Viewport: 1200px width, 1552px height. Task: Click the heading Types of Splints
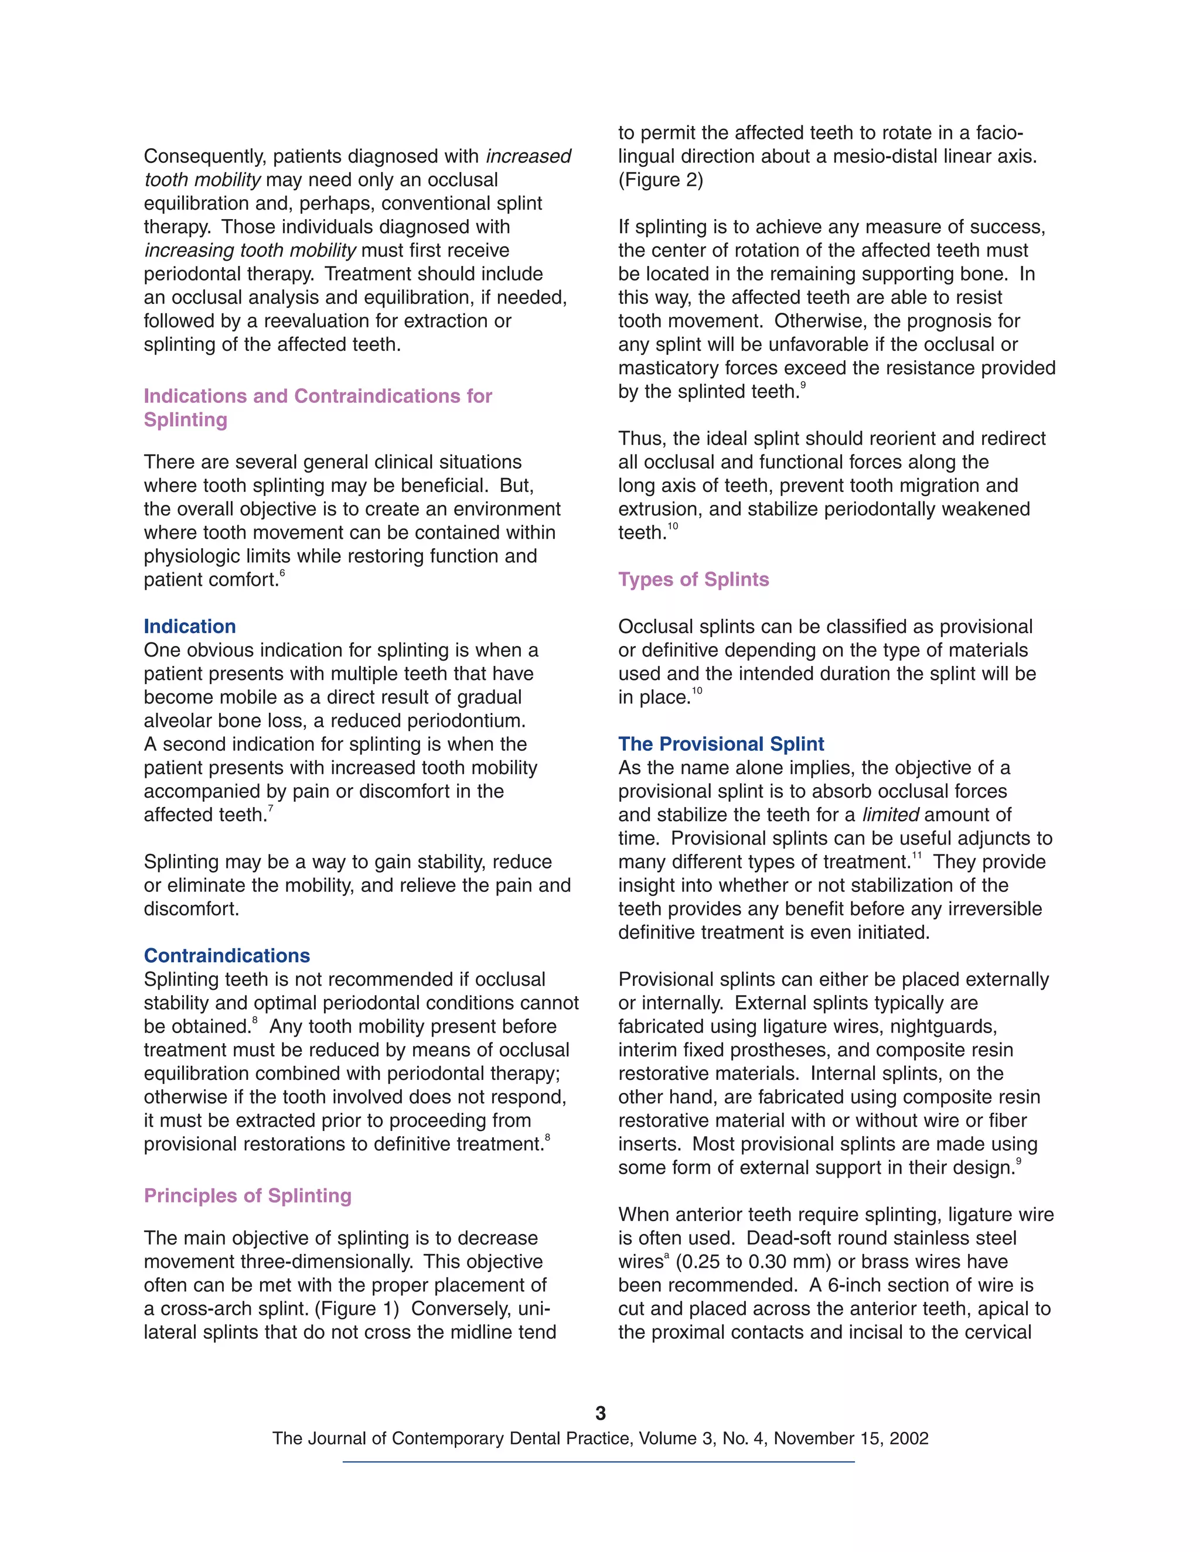coord(693,579)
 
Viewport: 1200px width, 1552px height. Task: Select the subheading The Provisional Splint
coord(720,743)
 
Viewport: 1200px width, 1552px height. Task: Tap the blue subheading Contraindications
coord(227,955)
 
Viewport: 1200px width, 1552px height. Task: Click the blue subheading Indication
coord(189,626)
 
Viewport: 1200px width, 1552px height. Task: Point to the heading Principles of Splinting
coord(247,1195)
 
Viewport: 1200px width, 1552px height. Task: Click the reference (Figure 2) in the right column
coord(660,180)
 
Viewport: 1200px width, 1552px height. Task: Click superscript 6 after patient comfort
coord(282,573)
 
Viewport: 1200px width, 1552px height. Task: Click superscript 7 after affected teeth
coord(270,809)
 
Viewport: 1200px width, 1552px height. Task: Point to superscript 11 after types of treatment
coord(916,856)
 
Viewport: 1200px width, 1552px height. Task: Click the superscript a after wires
coord(667,1256)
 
